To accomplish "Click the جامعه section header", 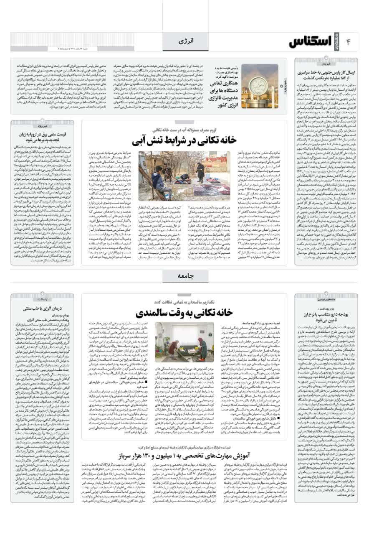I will coord(186,277).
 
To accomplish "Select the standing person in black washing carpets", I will coord(201,171).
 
